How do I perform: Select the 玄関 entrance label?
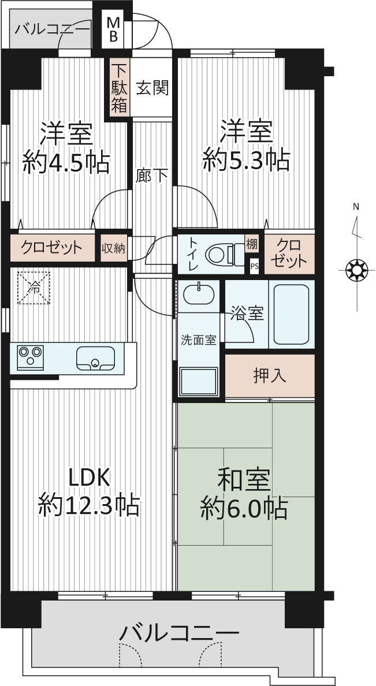point(152,89)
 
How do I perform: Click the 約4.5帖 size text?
point(66,163)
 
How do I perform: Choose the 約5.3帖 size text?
point(246,160)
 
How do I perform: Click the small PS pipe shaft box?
point(254,265)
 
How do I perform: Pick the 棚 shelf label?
point(252,243)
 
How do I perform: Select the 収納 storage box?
point(114,248)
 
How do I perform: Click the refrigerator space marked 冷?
point(33,288)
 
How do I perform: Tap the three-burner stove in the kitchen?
point(30,355)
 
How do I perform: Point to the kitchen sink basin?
point(95,359)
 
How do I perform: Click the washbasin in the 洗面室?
point(199,294)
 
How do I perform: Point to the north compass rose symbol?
point(357,270)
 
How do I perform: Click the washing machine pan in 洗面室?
point(198,381)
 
